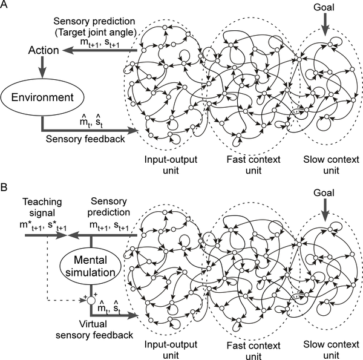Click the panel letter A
click(x=5, y=5)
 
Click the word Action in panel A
click(x=42, y=51)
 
